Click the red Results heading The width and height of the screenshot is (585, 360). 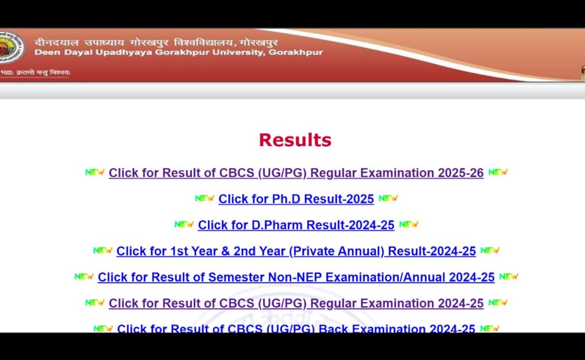point(295,140)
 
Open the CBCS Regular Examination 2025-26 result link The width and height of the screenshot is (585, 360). point(296,173)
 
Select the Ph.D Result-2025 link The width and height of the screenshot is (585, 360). point(296,199)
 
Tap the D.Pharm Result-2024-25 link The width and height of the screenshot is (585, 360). point(296,225)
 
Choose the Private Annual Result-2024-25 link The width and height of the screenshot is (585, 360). point(296,251)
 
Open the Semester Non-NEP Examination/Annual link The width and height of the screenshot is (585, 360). point(296,278)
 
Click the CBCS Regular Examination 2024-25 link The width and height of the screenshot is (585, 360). point(296,303)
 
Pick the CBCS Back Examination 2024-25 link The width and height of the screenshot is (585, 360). point(296,329)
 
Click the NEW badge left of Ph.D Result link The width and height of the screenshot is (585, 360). point(204,199)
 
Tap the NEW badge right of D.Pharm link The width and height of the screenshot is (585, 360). point(409,224)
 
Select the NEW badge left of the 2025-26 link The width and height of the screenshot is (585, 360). point(95,172)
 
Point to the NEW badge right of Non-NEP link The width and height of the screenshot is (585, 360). point(508,277)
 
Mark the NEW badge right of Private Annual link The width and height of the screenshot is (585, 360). point(490,251)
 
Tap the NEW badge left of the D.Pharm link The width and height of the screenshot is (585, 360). point(184,224)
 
